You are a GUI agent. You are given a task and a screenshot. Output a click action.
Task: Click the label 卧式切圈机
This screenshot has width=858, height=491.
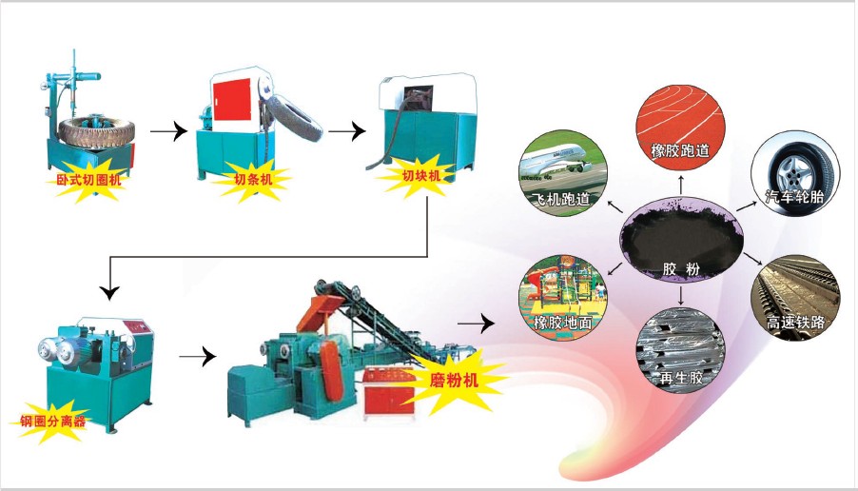[88, 179]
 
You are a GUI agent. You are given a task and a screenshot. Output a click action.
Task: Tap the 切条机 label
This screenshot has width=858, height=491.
[253, 179]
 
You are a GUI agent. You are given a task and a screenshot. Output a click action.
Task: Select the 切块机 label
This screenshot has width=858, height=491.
[420, 175]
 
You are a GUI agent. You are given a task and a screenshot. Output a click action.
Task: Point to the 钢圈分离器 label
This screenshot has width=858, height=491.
[53, 421]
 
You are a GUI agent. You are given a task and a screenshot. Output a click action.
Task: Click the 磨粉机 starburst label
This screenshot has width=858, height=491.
[454, 380]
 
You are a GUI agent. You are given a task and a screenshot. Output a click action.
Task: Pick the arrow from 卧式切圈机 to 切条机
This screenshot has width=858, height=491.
[168, 132]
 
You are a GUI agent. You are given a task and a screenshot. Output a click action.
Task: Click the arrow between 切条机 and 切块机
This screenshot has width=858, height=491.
[347, 131]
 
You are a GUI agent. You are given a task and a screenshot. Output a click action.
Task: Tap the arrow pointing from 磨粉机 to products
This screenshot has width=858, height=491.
[476, 323]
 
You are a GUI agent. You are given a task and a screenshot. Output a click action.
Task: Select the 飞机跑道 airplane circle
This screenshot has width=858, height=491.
[562, 172]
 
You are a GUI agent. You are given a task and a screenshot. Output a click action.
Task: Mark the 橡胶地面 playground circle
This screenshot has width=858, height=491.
[563, 298]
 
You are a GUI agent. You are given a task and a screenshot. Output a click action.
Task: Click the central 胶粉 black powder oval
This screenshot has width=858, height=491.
[681, 240]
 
